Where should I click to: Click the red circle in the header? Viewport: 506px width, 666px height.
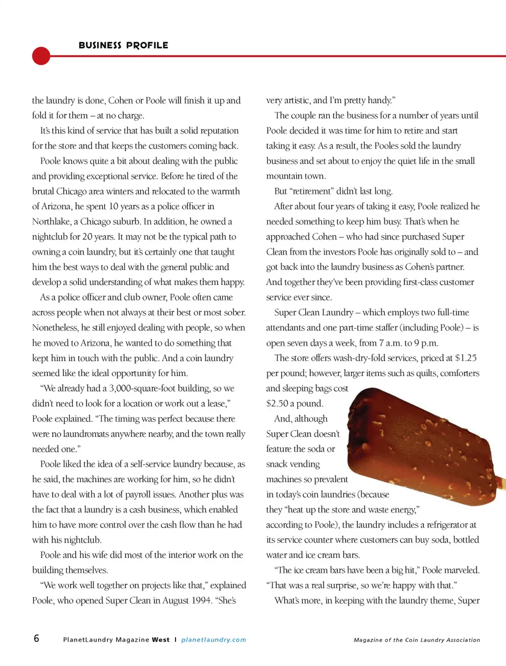pos(41,56)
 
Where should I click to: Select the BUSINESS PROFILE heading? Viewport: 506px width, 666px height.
pos(123,45)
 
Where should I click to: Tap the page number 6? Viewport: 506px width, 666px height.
pos(36,639)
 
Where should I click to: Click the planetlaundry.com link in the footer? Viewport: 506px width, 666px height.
pos(213,640)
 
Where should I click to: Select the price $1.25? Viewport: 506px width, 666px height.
pos(466,358)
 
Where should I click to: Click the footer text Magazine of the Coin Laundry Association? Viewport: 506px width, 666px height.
pos(416,640)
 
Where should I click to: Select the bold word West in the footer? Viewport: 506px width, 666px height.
pos(161,640)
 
